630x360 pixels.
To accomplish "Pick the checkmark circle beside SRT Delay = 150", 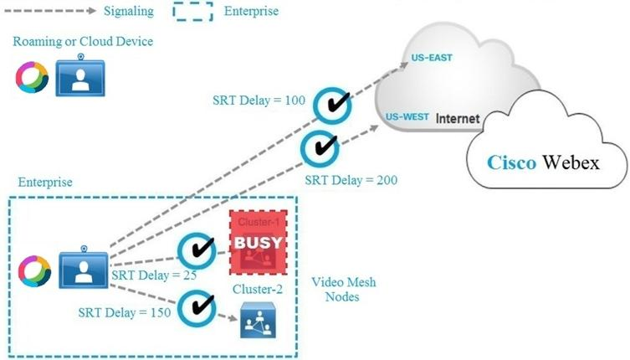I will [x=197, y=305].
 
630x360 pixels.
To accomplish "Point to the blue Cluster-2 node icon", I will [x=257, y=321].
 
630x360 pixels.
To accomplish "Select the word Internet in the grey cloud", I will [x=457, y=119].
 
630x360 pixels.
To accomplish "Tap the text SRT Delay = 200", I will [x=351, y=179].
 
